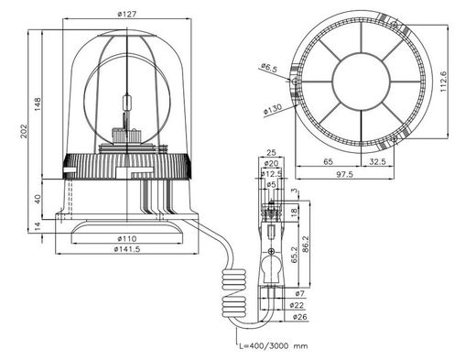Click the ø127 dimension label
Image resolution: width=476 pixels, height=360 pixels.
pos(126,14)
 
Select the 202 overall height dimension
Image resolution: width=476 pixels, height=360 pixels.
pos(24,131)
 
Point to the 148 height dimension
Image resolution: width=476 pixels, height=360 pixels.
pos(38,104)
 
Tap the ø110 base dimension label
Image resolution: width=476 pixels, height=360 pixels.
pos(126,238)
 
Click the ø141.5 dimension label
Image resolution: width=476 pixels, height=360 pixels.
pos(127,249)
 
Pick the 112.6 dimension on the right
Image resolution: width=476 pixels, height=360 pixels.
pos(443,82)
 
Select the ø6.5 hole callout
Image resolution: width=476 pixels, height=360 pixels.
pos(269,68)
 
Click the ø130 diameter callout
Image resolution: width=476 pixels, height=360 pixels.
pos(273,110)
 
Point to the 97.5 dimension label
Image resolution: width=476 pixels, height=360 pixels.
pos(344,174)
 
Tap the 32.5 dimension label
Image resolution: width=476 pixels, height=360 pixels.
pos(377,162)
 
